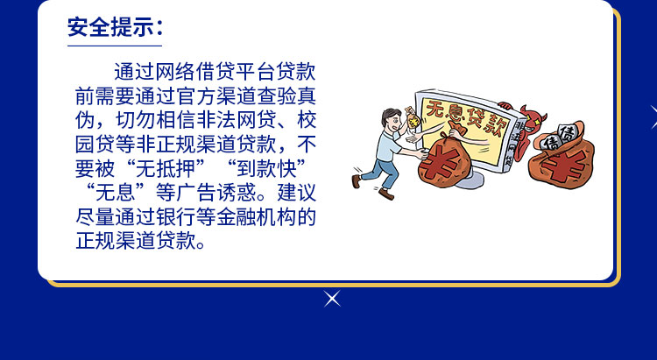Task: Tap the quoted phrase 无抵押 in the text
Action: (x=166, y=168)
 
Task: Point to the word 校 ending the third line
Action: (x=307, y=120)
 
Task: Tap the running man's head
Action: (x=391, y=118)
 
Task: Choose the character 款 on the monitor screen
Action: (x=498, y=124)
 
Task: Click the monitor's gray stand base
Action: (x=471, y=181)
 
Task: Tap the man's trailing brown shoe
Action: (x=357, y=181)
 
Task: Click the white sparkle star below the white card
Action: (x=332, y=299)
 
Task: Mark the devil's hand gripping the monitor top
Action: (x=505, y=105)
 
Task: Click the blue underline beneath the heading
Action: (x=115, y=46)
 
